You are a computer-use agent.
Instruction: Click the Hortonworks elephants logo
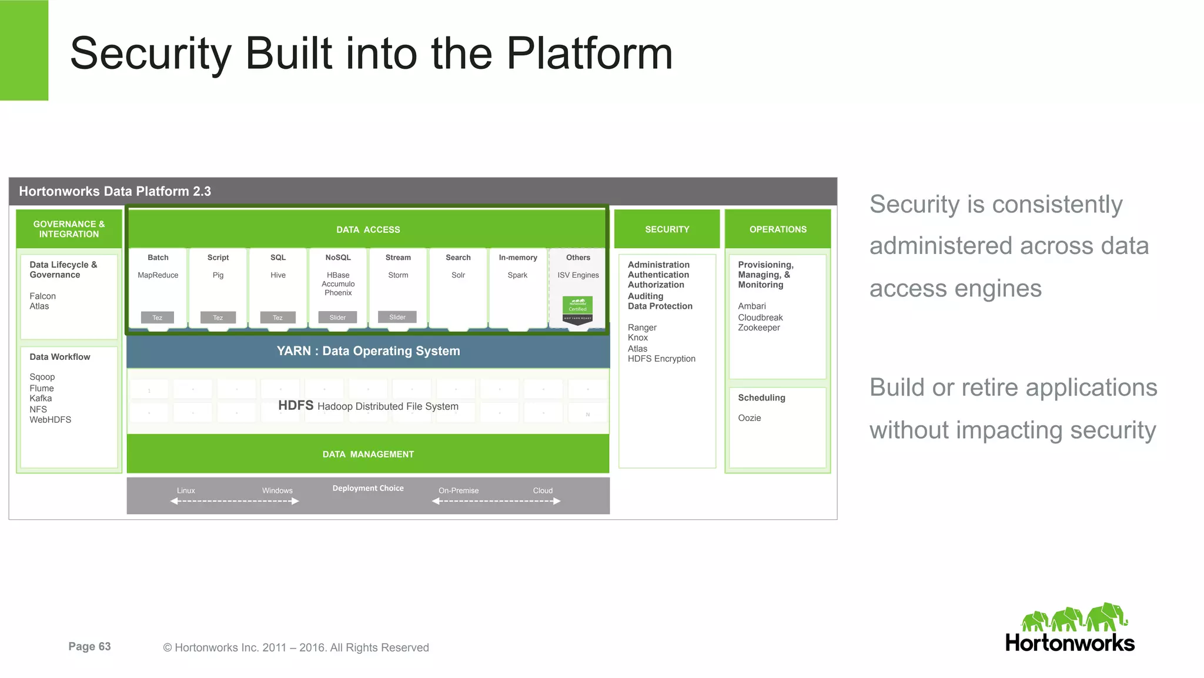pyautogui.click(x=1074, y=617)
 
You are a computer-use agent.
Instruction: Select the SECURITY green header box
pyautogui.click(x=667, y=229)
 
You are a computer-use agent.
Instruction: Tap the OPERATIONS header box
pyautogui.click(x=777, y=229)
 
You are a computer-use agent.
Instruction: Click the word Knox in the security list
pyautogui.click(x=638, y=338)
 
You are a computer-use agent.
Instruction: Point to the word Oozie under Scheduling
pyautogui.click(x=750, y=418)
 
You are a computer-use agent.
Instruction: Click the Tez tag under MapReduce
pyautogui.click(x=158, y=318)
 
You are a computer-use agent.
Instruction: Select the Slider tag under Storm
pyautogui.click(x=397, y=317)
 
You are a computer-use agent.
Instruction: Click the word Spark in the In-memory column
pyautogui.click(x=517, y=275)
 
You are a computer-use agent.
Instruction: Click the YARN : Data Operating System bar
pyautogui.click(x=368, y=351)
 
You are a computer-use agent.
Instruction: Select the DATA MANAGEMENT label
pyautogui.click(x=368, y=455)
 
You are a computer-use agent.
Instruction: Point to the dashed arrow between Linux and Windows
pyautogui.click(x=235, y=501)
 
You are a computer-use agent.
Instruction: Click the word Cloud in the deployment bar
pyautogui.click(x=543, y=490)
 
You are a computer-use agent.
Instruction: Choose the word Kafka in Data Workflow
pyautogui.click(x=41, y=399)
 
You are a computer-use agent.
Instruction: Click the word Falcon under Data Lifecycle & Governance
pyautogui.click(x=43, y=296)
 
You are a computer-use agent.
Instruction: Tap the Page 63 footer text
pyautogui.click(x=89, y=646)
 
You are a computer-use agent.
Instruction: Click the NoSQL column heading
pyautogui.click(x=338, y=258)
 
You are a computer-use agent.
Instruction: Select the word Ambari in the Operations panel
pyautogui.click(x=752, y=306)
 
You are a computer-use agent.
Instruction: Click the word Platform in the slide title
pyautogui.click(x=589, y=54)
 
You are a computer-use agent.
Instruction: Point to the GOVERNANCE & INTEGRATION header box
pyautogui.click(x=69, y=229)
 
